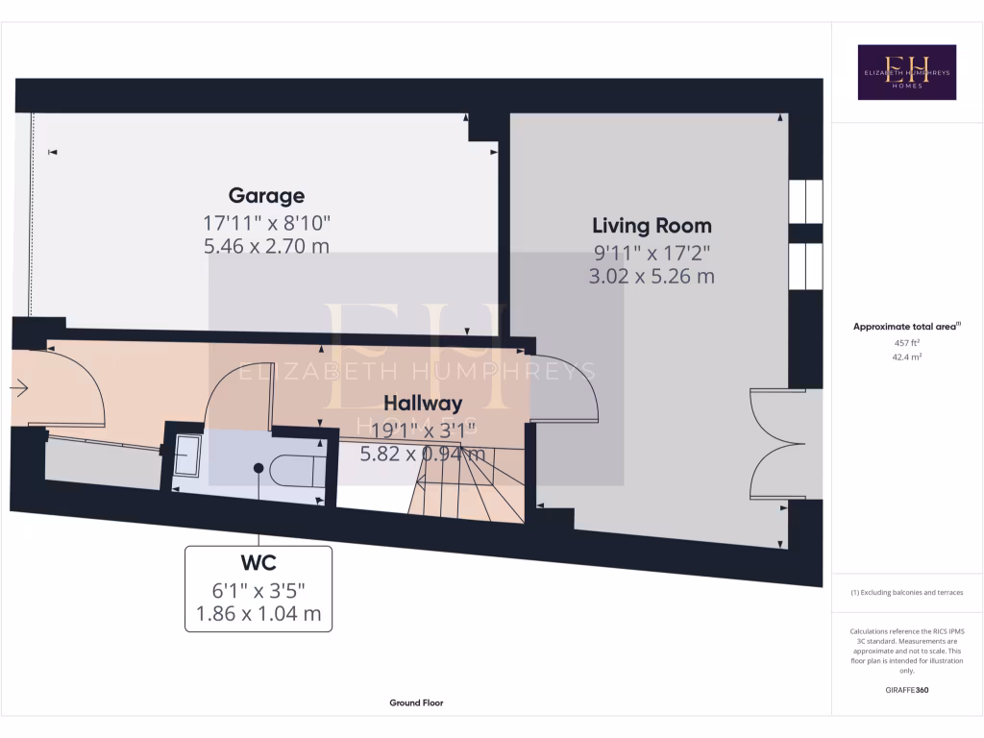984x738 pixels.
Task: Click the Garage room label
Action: [x=266, y=196]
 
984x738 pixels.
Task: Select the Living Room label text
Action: [x=652, y=226]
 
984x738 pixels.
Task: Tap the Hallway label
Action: [x=423, y=404]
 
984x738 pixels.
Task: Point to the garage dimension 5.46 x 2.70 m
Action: [x=266, y=246]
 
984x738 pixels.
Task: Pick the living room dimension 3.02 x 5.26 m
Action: [x=652, y=277]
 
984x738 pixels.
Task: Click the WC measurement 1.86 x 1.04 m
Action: [x=258, y=613]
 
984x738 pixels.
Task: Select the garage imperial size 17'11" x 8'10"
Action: [x=266, y=222]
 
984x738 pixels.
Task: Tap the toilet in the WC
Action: [x=294, y=468]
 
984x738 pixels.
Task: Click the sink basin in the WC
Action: [x=186, y=455]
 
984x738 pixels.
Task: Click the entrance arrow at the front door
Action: [x=19, y=388]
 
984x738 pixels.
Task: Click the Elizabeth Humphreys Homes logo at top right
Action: [x=906, y=72]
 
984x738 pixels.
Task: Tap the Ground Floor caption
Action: [x=416, y=702]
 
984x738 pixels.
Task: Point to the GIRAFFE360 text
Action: [x=906, y=690]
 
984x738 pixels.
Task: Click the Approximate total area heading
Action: [x=905, y=327]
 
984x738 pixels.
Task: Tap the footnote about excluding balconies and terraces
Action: [x=906, y=593]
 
